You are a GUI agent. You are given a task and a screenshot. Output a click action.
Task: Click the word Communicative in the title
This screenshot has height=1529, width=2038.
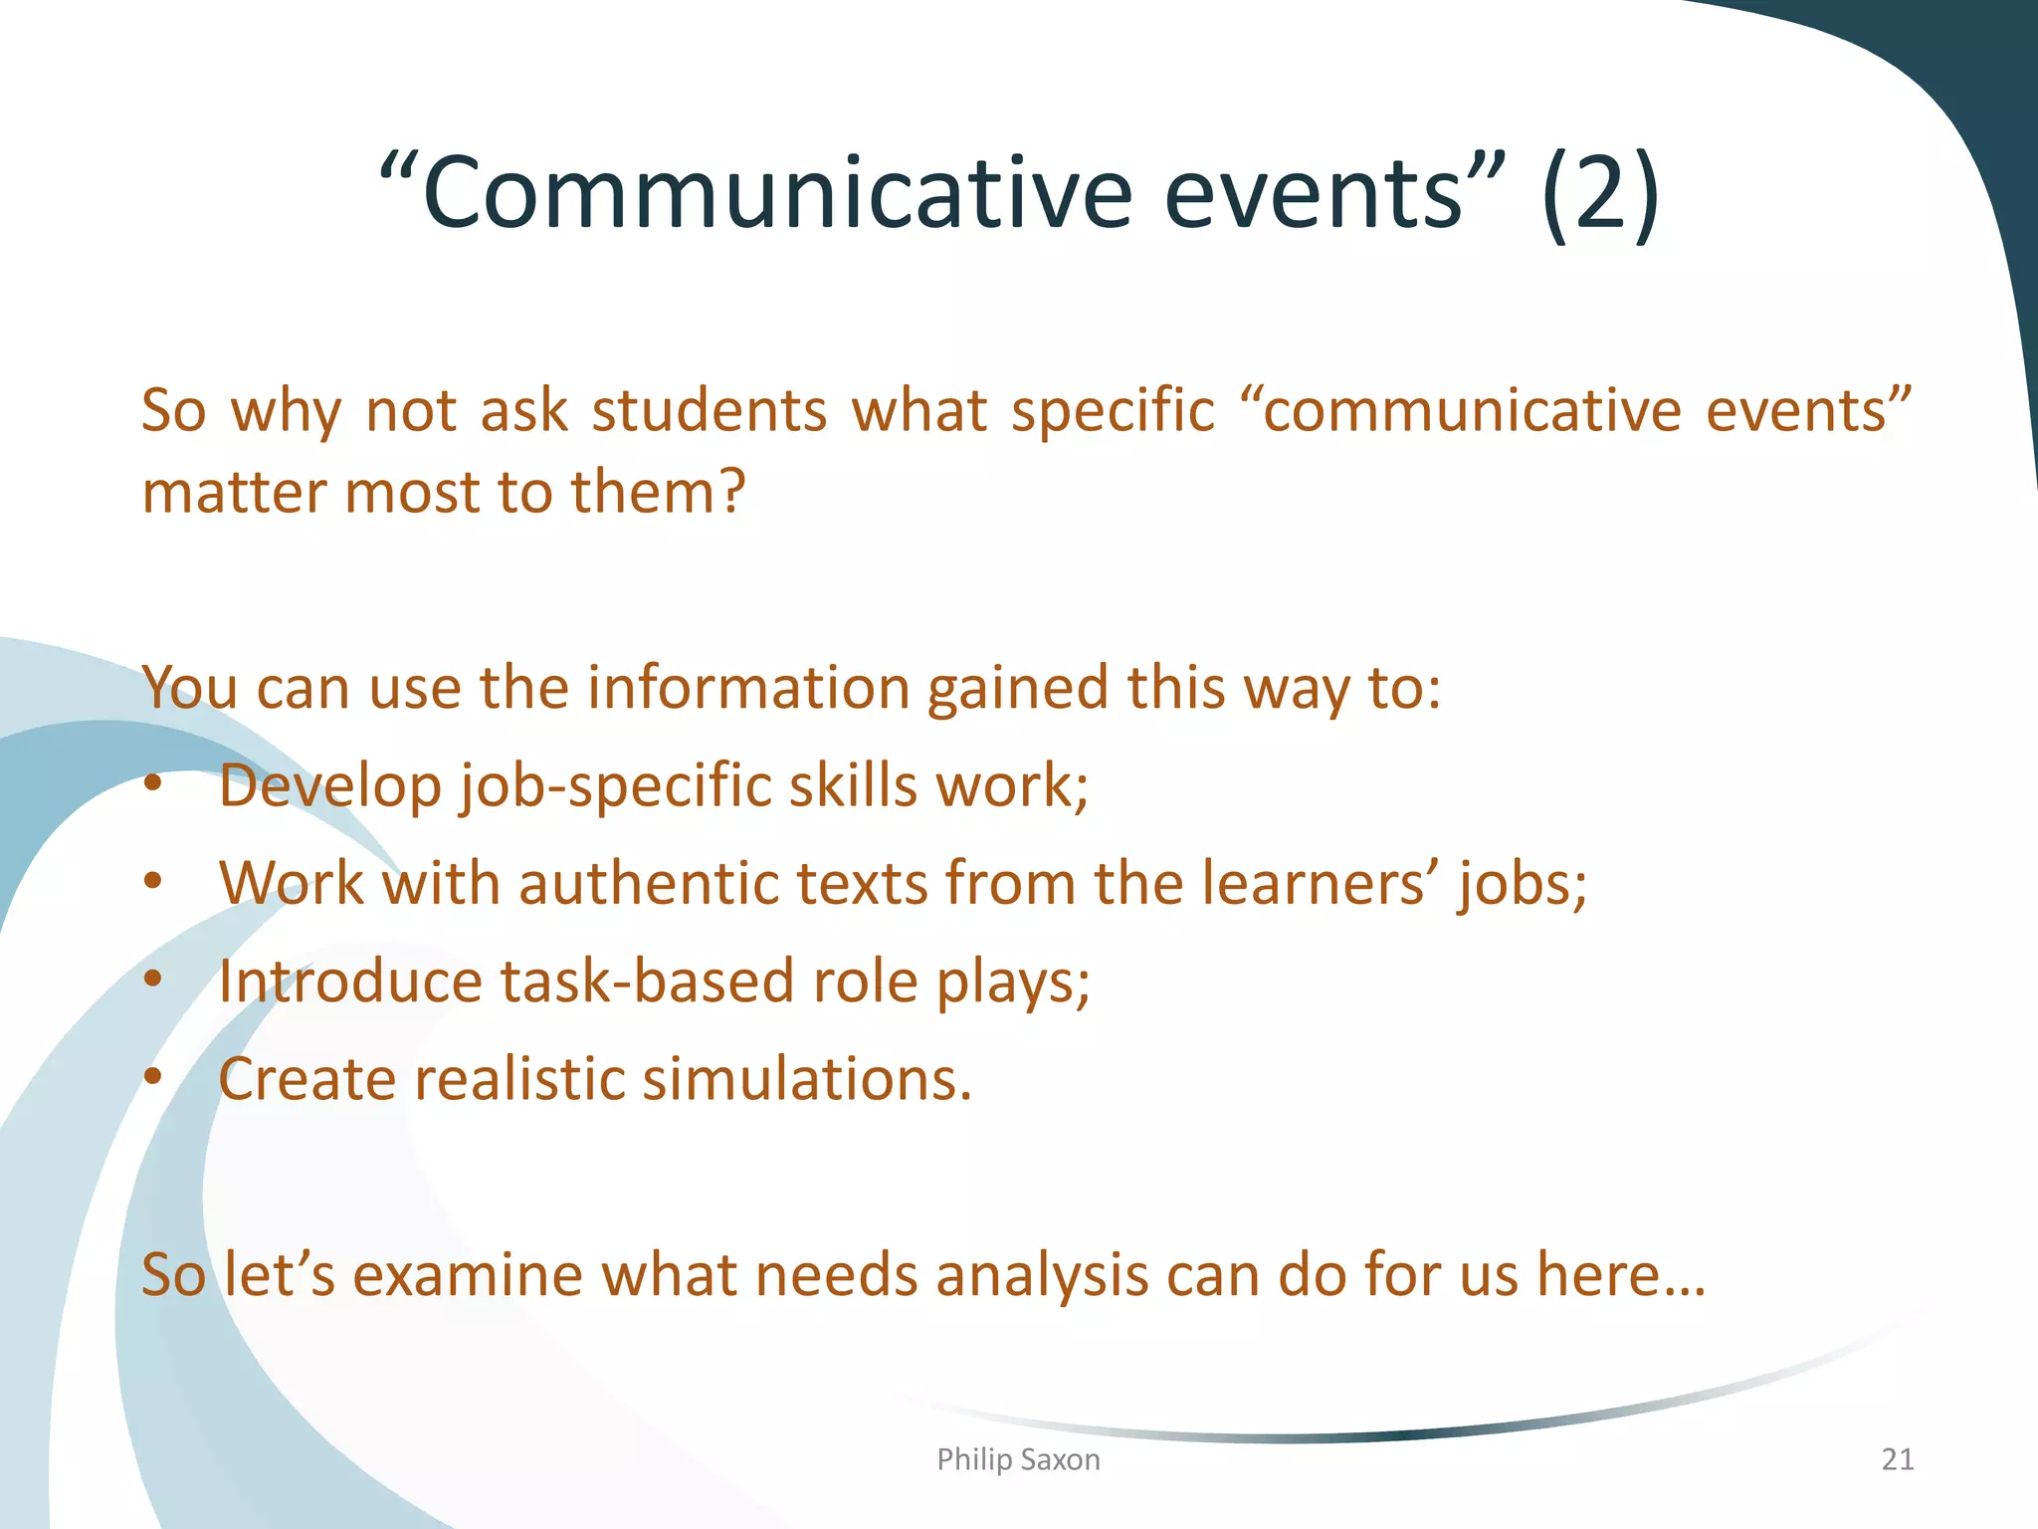point(776,192)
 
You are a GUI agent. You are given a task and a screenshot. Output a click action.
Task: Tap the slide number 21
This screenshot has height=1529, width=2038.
point(1898,1459)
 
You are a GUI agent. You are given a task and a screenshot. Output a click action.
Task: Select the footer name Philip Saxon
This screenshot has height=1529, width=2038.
point(1018,1459)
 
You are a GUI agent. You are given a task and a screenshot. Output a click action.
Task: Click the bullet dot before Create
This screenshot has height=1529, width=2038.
point(152,1077)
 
